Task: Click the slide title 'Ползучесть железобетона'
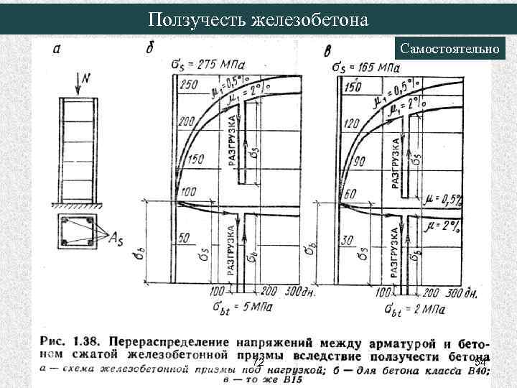click(x=258, y=19)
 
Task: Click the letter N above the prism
click(x=86, y=78)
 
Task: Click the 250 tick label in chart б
click(x=188, y=85)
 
